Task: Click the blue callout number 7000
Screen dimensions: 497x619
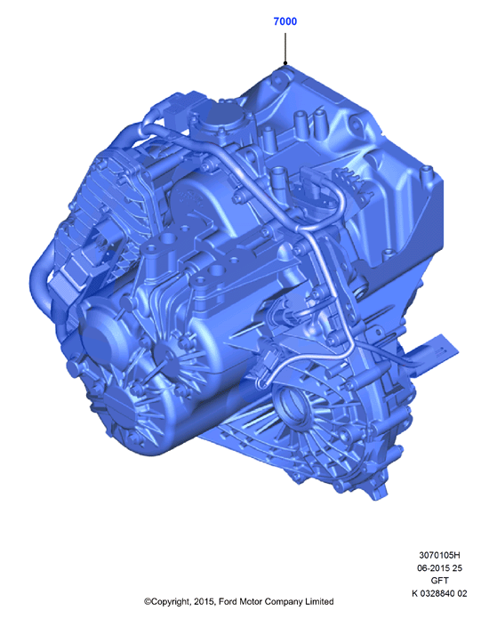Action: coord(285,21)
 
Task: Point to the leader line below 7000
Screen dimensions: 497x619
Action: coord(285,48)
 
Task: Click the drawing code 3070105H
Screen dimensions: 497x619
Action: coord(439,555)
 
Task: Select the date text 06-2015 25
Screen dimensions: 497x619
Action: coord(439,568)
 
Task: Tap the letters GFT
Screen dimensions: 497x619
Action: coord(439,581)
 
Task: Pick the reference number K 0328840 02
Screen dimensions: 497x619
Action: coord(439,593)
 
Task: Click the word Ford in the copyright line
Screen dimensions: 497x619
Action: coord(228,601)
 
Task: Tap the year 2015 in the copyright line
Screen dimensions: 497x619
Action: coord(204,601)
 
